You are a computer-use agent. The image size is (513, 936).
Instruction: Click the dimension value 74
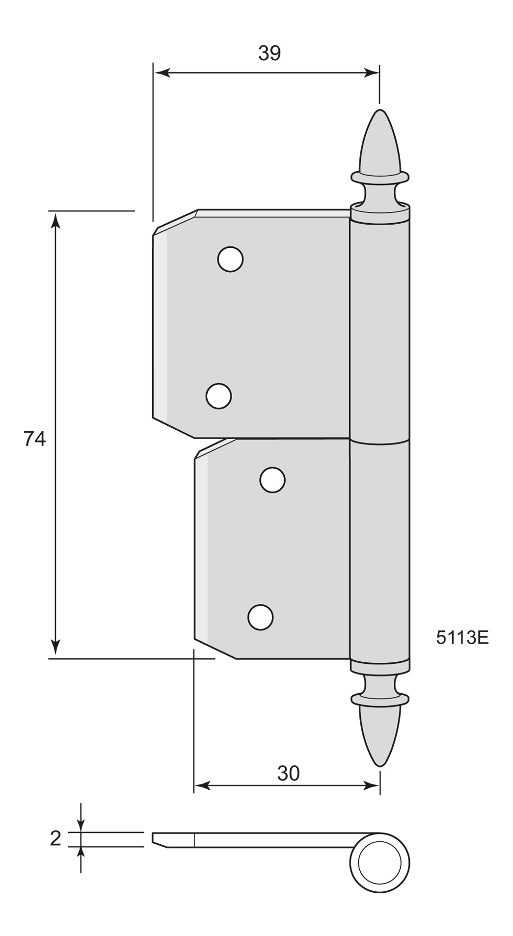click(x=34, y=439)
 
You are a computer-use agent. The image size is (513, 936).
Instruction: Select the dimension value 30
click(x=288, y=773)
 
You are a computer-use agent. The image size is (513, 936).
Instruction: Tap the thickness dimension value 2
click(x=55, y=839)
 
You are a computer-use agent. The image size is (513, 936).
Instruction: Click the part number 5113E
click(x=462, y=637)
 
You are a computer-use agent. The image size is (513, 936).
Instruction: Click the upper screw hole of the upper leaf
click(x=230, y=259)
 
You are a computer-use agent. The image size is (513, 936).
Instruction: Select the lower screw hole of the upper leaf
click(x=218, y=396)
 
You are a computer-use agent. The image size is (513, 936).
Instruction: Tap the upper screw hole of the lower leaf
click(x=272, y=480)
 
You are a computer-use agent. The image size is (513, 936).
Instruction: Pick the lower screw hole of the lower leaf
click(x=260, y=617)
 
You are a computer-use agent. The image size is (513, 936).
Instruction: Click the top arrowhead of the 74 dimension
click(x=55, y=219)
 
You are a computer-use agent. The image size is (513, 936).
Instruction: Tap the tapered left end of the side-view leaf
click(x=160, y=840)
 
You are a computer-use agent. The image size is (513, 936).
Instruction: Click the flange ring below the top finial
click(x=379, y=175)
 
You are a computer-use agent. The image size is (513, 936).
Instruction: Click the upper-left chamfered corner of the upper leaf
click(x=174, y=219)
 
